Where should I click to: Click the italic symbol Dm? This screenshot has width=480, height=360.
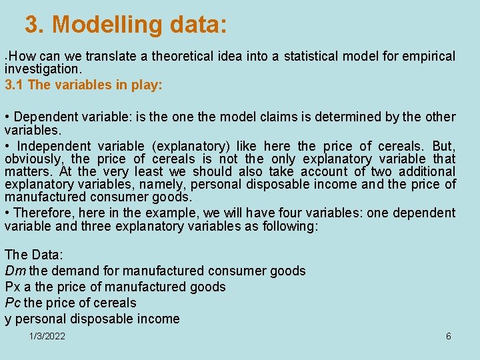pyautogui.click(x=15, y=271)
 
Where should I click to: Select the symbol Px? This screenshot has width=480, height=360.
pyautogui.click(x=12, y=287)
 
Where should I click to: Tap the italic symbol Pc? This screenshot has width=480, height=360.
pyautogui.click(x=13, y=303)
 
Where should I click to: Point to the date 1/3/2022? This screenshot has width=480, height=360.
pyautogui.click(x=47, y=336)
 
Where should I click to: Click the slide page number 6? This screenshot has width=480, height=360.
pyautogui.click(x=448, y=336)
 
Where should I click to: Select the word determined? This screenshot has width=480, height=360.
pyautogui.click(x=349, y=117)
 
